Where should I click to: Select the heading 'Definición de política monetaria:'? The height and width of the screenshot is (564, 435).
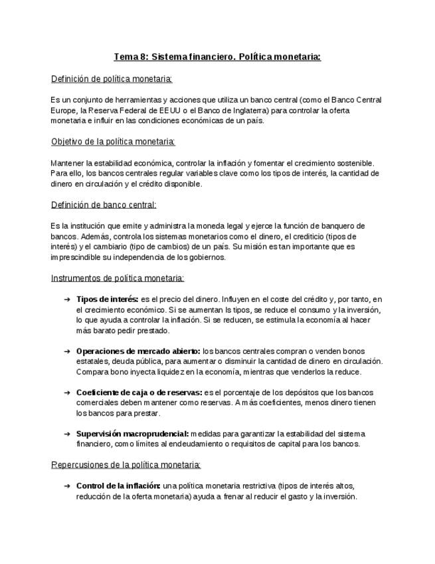(x=112, y=79)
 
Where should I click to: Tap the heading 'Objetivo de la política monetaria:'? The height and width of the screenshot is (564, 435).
(x=113, y=142)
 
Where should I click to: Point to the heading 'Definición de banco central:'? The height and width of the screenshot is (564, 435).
(x=104, y=204)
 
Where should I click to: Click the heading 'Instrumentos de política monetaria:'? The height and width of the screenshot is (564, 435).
(x=118, y=278)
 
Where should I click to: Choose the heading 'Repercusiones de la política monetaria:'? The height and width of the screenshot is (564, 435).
(x=126, y=465)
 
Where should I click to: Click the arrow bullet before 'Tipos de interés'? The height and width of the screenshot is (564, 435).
(x=67, y=299)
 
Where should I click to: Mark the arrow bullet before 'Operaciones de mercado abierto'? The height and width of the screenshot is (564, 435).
(x=67, y=351)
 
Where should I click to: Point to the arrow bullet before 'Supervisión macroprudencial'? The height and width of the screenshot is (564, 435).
(x=67, y=434)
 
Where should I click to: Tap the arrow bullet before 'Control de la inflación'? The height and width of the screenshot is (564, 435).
(x=67, y=486)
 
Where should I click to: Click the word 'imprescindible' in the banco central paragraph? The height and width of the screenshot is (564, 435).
(x=76, y=257)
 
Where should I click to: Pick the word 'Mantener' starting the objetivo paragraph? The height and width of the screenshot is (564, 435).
(x=68, y=163)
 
